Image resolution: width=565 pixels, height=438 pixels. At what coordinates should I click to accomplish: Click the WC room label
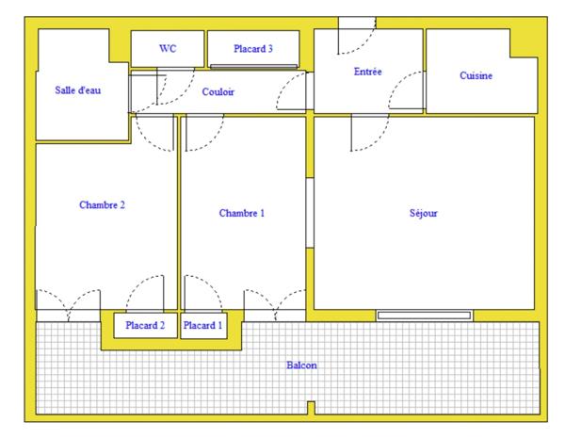click(168, 48)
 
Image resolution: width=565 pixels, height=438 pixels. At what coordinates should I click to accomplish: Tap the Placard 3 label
click(253, 48)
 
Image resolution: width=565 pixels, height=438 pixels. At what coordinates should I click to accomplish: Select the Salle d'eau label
click(77, 90)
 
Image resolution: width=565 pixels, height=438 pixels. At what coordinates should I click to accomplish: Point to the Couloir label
click(218, 91)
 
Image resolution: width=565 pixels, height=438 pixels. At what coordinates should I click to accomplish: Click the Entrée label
click(367, 72)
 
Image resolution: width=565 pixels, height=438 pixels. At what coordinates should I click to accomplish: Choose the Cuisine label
click(476, 75)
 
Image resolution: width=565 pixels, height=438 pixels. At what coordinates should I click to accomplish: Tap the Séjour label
click(423, 213)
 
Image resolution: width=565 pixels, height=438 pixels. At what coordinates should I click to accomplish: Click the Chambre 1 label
click(241, 213)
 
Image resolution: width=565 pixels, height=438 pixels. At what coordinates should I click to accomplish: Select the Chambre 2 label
click(102, 204)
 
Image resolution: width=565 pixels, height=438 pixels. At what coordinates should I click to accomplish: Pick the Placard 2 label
click(145, 326)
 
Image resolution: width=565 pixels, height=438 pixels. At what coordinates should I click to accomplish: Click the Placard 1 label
click(203, 326)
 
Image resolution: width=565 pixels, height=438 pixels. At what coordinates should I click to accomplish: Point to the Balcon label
click(301, 365)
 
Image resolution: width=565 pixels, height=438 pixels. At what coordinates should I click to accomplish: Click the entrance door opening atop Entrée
click(357, 23)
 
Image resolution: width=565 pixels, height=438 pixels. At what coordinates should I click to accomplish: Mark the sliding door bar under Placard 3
click(253, 67)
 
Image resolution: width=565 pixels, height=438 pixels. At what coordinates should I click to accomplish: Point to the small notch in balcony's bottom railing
click(311, 409)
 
